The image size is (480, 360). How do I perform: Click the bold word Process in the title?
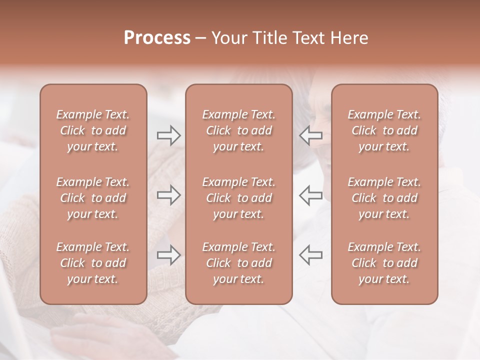click(x=157, y=38)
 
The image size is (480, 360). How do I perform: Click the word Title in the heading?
click(x=268, y=38)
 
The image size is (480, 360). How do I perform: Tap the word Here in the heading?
click(x=349, y=38)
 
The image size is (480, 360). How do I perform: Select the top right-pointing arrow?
click(x=169, y=135)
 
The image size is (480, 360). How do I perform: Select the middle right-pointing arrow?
click(x=169, y=195)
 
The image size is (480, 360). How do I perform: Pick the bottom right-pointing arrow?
click(x=169, y=255)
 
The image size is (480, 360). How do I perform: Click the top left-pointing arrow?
click(x=310, y=135)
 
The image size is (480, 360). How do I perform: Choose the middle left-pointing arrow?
click(x=310, y=195)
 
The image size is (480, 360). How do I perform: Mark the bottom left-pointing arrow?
click(x=310, y=255)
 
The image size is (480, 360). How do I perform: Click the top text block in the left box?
click(x=93, y=130)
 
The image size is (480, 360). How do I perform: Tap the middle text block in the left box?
click(x=93, y=198)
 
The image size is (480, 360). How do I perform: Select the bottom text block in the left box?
click(x=93, y=263)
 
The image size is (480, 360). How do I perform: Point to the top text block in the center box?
click(x=238, y=130)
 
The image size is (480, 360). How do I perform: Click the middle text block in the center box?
click(x=238, y=198)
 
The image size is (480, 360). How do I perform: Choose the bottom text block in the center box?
click(x=238, y=263)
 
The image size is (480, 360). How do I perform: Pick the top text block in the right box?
click(x=384, y=130)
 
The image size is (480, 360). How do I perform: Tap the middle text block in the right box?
click(x=384, y=198)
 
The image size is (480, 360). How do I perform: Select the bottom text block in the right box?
click(x=384, y=263)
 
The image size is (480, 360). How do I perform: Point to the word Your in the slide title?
click(x=228, y=38)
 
